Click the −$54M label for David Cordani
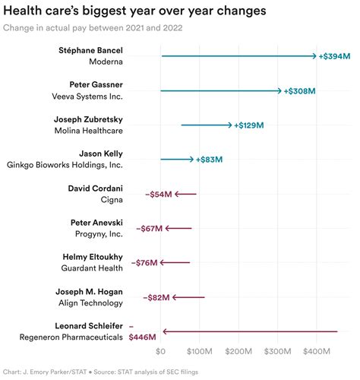click(158, 195)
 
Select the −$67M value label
click(150, 228)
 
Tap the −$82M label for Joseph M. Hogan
click(155, 297)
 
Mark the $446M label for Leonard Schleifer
click(143, 337)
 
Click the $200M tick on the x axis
click(238, 352)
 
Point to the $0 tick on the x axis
click(160, 352)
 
